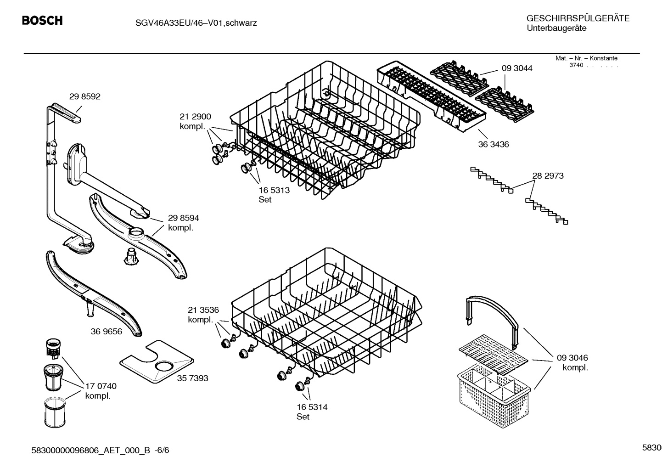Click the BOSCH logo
(x=42, y=21)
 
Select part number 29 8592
(x=84, y=96)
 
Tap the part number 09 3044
(x=516, y=68)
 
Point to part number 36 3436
(x=493, y=144)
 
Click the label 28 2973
(x=548, y=176)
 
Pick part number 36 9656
(x=107, y=331)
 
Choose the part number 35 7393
(x=192, y=378)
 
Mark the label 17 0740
(x=101, y=386)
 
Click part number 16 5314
(x=312, y=407)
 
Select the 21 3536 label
(x=203, y=310)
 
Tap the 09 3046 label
(x=572, y=358)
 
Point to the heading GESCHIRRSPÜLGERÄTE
(x=578, y=18)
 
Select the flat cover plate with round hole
(x=157, y=362)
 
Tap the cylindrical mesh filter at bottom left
(x=55, y=413)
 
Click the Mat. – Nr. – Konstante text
(x=586, y=58)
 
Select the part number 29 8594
(x=183, y=218)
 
